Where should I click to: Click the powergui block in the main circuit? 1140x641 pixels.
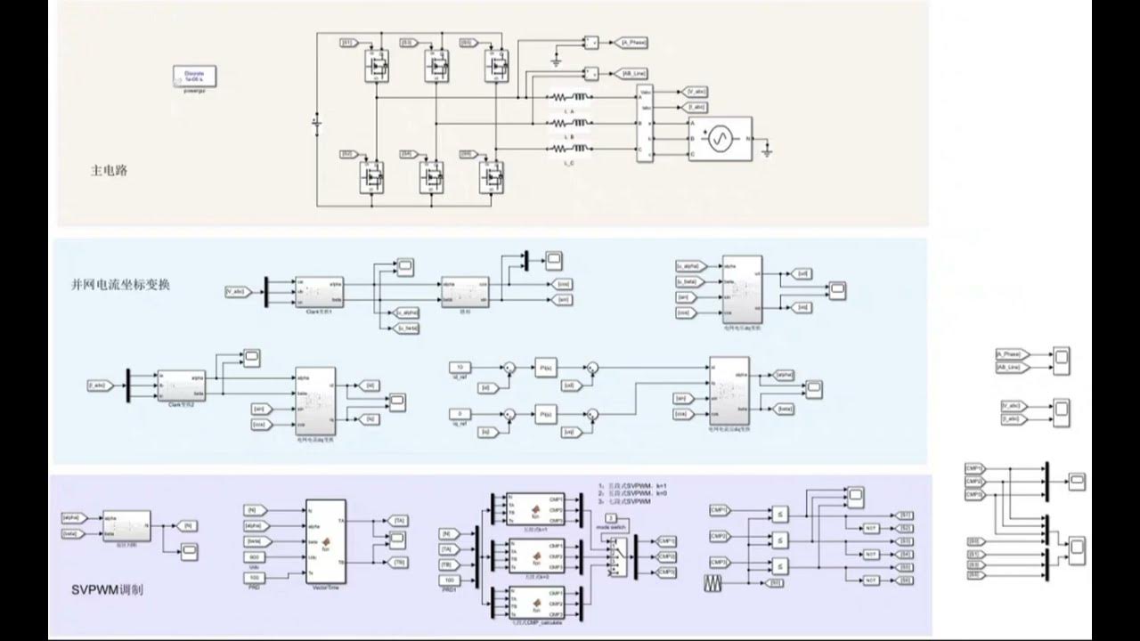(194, 77)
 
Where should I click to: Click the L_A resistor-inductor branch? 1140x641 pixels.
(568, 97)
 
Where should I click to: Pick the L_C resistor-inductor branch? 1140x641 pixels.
(568, 149)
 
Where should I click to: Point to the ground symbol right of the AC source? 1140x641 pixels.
(767, 152)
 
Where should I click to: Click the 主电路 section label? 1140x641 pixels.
(109, 170)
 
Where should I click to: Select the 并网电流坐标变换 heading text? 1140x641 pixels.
(119, 286)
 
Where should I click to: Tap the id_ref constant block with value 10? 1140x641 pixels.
(460, 367)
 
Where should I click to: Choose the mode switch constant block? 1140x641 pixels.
(611, 517)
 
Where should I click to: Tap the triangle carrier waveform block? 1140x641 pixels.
(716, 583)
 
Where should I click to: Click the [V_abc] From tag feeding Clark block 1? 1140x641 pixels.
(238, 291)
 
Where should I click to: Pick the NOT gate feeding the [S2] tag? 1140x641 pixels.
(872, 529)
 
